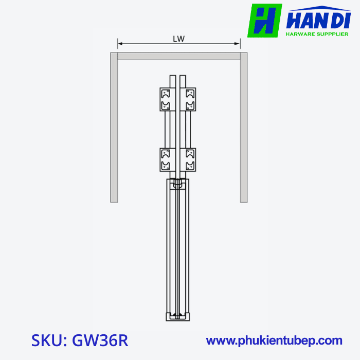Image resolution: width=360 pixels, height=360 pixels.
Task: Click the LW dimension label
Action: click(179, 39)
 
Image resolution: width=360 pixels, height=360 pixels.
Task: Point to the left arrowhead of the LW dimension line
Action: click(119, 44)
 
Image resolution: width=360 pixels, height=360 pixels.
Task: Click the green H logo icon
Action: click(264, 21)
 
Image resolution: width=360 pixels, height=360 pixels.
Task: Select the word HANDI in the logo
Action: click(317, 22)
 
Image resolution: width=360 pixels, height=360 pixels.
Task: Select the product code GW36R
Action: click(100, 340)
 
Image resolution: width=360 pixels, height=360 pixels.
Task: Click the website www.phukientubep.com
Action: click(274, 340)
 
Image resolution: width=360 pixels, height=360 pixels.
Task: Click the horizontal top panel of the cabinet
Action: click(179, 56)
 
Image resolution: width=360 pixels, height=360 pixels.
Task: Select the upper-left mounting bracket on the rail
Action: click(166, 100)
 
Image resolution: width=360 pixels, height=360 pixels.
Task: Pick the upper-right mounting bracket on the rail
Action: click(190, 100)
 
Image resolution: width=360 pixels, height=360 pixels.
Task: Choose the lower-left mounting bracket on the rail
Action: click(166, 159)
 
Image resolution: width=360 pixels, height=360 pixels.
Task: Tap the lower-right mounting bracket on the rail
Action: click(190, 159)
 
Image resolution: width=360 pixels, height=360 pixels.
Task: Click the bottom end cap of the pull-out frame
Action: click(178, 316)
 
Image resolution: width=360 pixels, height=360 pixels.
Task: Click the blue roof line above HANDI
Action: click(319, 10)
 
